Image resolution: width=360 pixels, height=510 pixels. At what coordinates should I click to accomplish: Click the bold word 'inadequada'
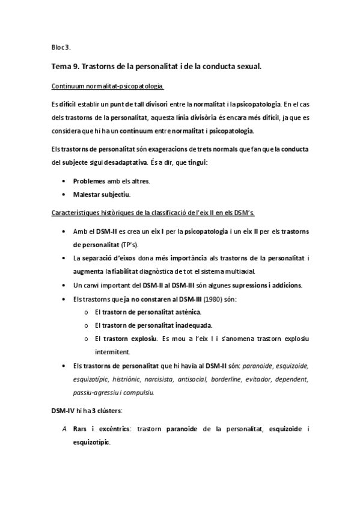[x=190, y=325]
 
